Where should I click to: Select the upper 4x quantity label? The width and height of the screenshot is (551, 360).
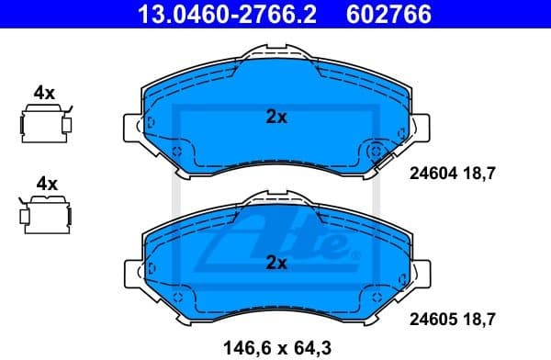pyautogui.click(x=44, y=93)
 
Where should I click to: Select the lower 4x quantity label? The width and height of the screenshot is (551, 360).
pyautogui.click(x=44, y=184)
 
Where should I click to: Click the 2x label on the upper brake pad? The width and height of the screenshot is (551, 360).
pyautogui.click(x=276, y=117)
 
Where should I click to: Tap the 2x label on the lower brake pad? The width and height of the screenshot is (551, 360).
pyautogui.click(x=276, y=263)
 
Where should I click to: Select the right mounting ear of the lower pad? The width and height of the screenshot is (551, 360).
pyautogui.click(x=419, y=272)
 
